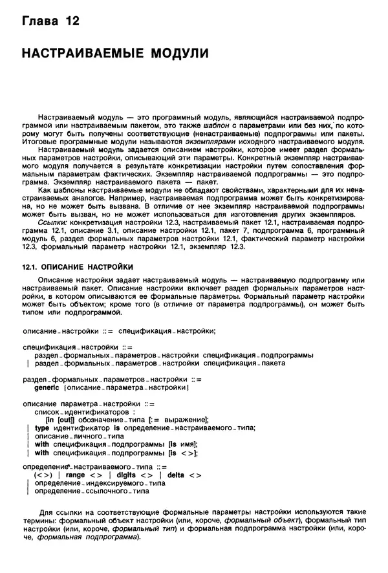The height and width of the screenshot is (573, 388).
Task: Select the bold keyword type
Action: [x=41, y=427]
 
